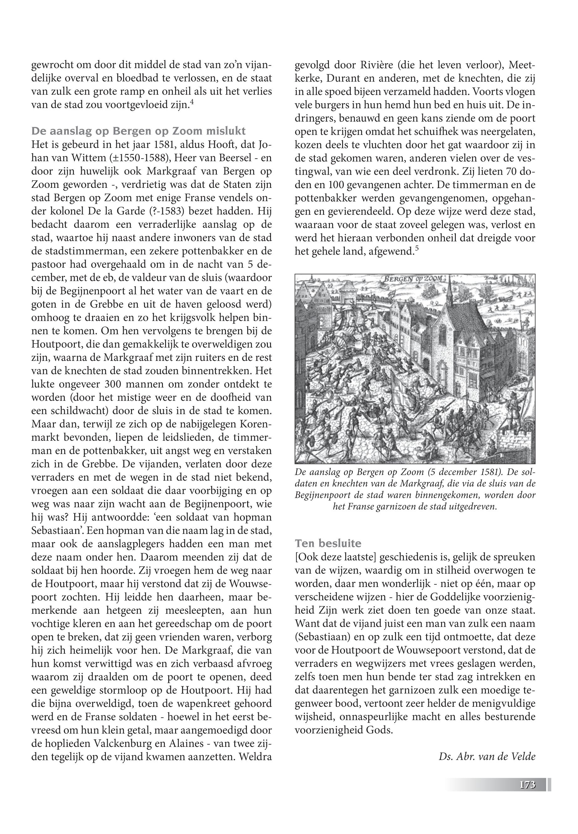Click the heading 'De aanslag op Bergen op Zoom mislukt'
click(x=139, y=131)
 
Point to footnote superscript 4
click(x=192, y=103)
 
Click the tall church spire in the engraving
click(x=449, y=290)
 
